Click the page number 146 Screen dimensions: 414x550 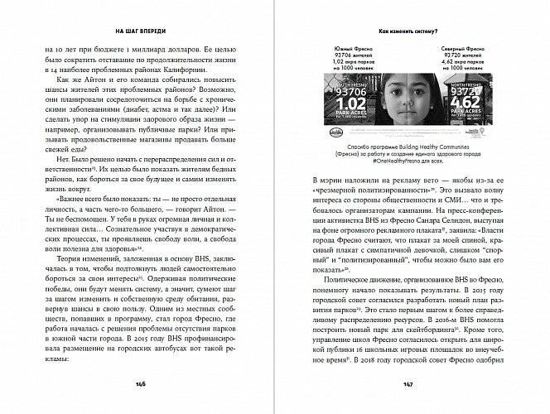142,385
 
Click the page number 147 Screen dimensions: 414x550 408,385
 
